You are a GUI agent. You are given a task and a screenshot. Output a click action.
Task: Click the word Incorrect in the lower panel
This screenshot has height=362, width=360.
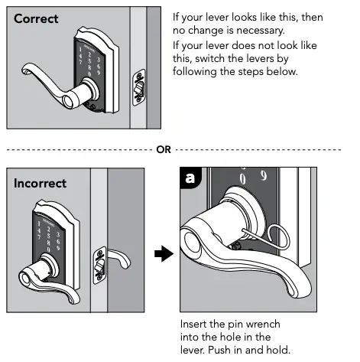40,184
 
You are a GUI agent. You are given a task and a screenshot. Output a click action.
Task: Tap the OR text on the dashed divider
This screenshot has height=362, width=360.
164,149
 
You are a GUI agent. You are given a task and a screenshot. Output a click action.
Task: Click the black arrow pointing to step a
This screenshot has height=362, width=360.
161,254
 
